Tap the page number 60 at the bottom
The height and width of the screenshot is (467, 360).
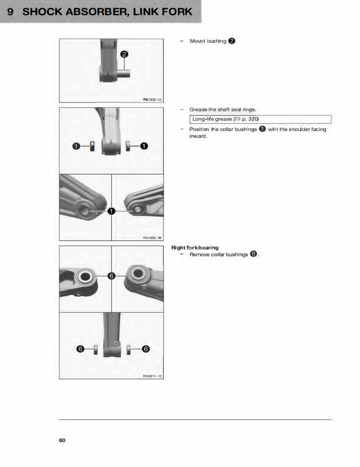point(62,440)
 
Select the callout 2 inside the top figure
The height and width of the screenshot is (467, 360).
point(124,54)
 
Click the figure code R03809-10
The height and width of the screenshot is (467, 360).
point(152,99)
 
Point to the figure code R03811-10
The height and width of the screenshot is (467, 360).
point(152,376)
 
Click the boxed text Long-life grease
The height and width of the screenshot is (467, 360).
point(212,119)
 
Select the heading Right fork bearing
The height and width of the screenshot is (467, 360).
point(195,248)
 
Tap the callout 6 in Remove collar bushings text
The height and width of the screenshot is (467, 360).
point(253,254)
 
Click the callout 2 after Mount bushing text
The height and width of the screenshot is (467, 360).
point(231,41)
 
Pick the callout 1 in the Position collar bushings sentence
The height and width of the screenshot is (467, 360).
point(262,129)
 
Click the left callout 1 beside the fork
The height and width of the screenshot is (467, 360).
point(77,146)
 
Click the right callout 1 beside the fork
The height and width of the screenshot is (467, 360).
point(144,146)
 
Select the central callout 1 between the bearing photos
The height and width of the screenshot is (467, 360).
point(111,211)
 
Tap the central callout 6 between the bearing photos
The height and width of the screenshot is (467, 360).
point(111,276)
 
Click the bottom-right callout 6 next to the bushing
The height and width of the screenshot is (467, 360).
point(146,349)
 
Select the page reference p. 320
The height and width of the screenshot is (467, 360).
point(250,119)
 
